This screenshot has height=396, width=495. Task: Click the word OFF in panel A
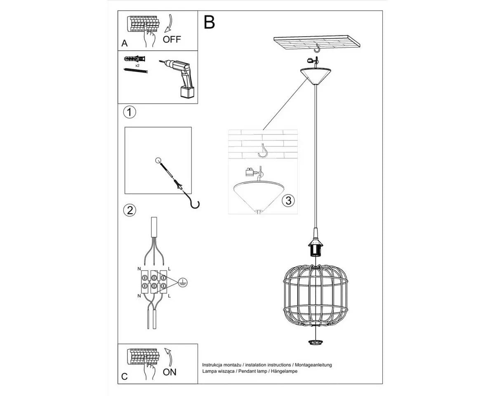pos(172,39)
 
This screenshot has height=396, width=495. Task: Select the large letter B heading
pos(209,22)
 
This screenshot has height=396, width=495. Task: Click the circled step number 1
pos(130,112)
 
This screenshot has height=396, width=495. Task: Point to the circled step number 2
pos(130,210)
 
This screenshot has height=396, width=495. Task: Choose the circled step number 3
pos(288,200)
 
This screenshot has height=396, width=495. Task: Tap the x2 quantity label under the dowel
pos(137,66)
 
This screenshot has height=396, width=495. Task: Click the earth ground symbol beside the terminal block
pos(183,282)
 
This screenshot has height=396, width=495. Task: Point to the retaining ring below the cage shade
pos(316,342)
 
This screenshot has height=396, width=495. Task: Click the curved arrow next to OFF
pos(169,24)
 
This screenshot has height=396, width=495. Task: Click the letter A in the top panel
pos(125,43)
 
